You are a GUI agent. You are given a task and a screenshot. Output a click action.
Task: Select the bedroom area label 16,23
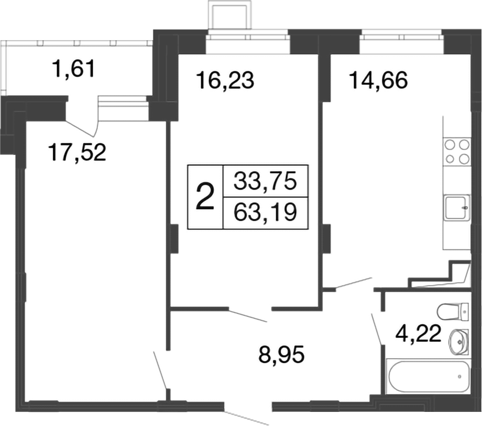pyautogui.click(x=226, y=81)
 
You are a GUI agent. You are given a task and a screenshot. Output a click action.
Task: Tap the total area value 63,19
pyautogui.click(x=265, y=213)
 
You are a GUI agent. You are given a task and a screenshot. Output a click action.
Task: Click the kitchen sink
pyautogui.click(x=457, y=208)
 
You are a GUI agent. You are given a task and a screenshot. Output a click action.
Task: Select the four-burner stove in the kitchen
pyautogui.click(x=457, y=150)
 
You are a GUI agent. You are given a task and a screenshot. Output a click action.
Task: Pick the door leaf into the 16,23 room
pyautogui.click(x=248, y=316)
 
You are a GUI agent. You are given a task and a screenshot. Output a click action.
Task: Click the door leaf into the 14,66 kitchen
pyautogui.click(x=353, y=283)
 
